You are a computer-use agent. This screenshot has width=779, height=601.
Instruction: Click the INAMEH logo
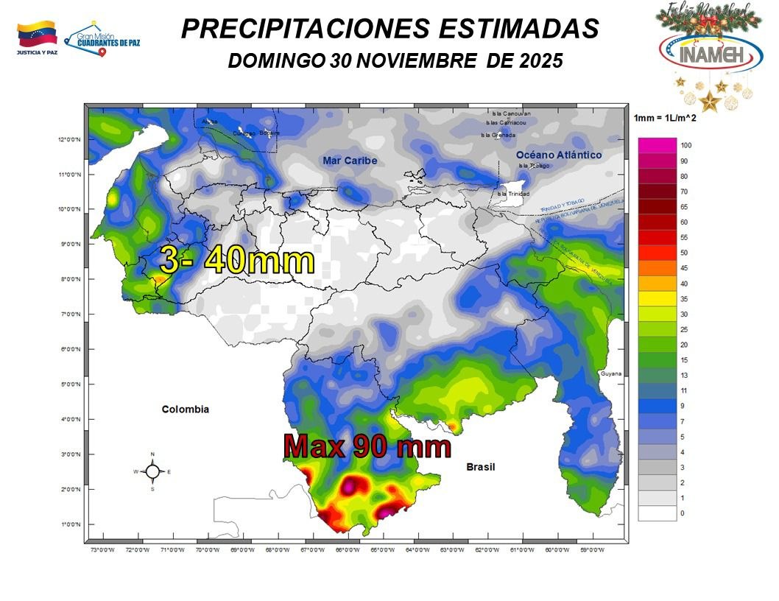click(711, 51)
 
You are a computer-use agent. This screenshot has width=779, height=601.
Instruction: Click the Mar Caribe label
click(350, 161)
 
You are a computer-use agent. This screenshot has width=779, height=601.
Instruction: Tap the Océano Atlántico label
click(559, 155)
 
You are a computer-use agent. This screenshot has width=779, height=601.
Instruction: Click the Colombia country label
click(186, 410)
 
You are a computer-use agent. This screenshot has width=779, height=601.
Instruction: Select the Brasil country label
click(481, 467)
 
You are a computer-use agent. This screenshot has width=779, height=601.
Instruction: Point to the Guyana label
click(610, 374)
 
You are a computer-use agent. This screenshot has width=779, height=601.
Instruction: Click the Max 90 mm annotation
click(367, 446)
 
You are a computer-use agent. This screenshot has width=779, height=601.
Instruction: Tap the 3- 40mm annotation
click(237, 261)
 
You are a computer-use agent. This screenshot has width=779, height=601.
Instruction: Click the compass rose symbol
click(152, 471)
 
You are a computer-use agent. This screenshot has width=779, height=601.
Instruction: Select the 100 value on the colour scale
click(686, 145)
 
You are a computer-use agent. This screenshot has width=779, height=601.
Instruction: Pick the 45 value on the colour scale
click(684, 268)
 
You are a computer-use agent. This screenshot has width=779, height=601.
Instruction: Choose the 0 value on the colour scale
click(683, 513)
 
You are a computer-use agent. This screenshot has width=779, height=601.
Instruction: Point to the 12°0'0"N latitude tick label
click(74, 139)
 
